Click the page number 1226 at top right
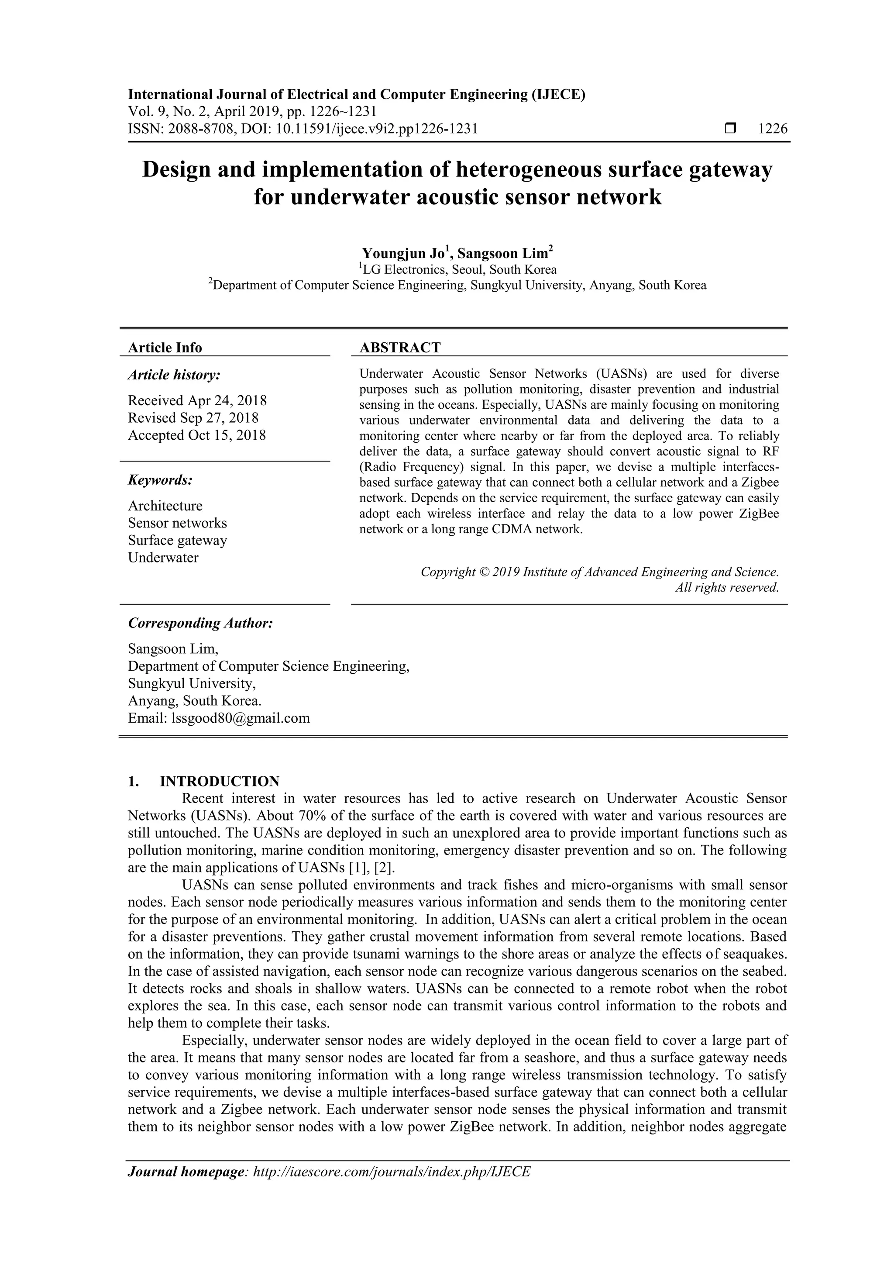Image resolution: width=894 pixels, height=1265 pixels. click(772, 129)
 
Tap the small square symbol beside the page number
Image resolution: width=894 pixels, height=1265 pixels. click(730, 129)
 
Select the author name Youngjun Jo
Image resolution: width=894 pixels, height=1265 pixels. click(403, 253)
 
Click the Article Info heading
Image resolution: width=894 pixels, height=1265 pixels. click(165, 348)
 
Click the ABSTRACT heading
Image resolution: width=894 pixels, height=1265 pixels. click(400, 348)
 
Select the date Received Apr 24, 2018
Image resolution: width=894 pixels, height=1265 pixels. click(197, 400)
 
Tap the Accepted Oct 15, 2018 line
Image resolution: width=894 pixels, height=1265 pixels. click(196, 435)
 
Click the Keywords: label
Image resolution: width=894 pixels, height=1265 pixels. click(160, 480)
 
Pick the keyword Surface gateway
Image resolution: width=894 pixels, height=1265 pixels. click(177, 540)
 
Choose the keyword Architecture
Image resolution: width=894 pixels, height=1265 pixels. click(165, 506)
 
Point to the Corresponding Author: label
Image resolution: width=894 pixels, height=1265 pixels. click(200, 623)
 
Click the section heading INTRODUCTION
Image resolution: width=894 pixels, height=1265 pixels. click(219, 781)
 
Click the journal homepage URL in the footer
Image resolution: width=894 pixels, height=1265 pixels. click(391, 1172)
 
